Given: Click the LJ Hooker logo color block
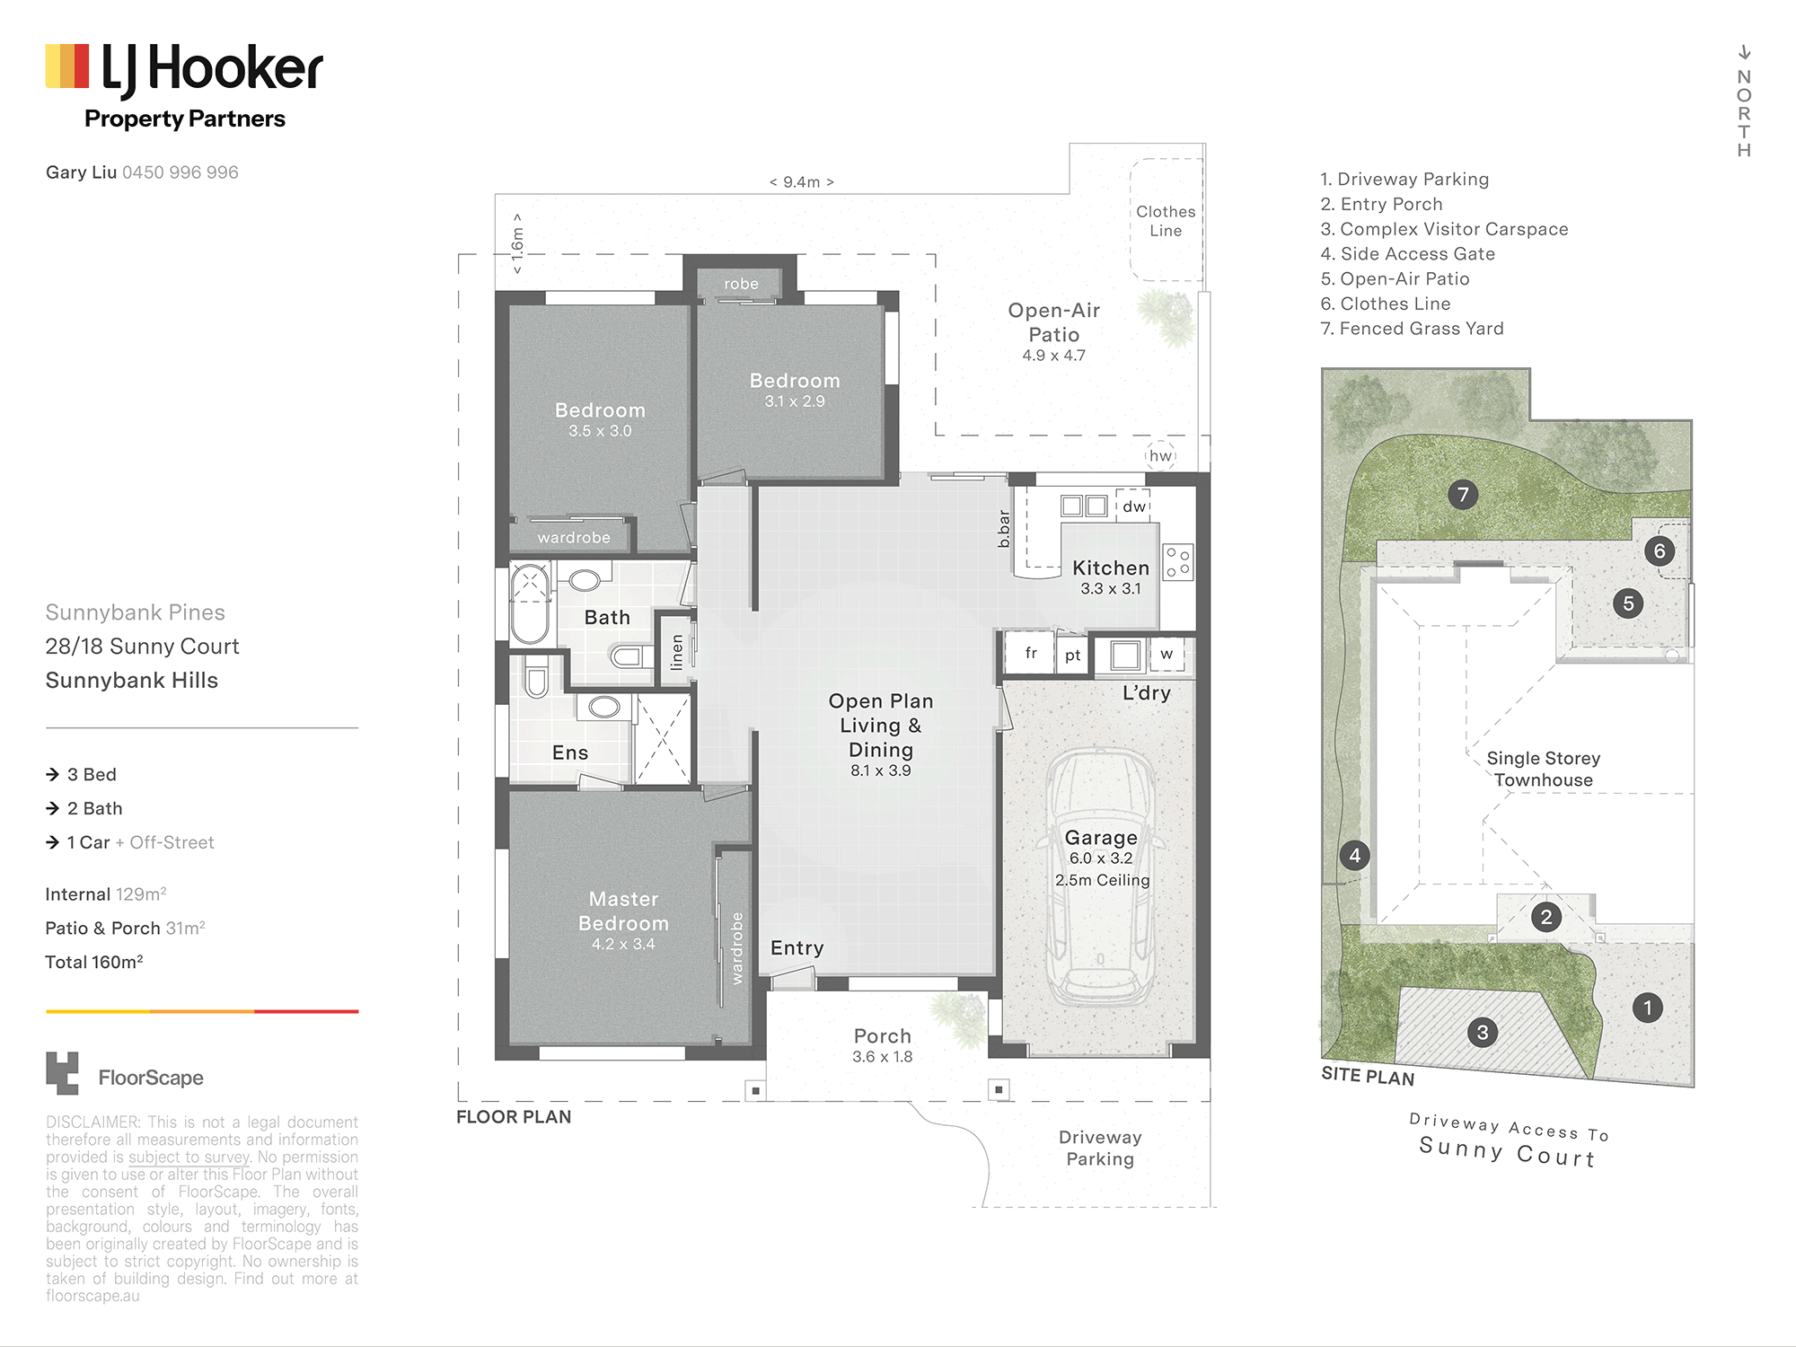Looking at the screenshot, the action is point(67,66).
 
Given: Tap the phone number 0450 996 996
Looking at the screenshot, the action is point(180,172).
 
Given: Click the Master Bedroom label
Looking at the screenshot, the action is point(623,911).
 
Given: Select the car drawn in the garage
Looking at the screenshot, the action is point(1101,876).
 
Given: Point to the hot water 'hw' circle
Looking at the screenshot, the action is point(1161,455).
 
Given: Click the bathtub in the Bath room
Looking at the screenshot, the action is point(530,603).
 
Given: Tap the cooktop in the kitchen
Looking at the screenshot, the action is point(1178,562).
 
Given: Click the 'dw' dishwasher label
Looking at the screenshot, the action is point(1134,506).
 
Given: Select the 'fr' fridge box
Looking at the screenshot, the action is point(1031,654).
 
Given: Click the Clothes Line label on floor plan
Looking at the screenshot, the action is point(1166,221).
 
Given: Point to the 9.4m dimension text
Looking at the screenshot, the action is point(802,182).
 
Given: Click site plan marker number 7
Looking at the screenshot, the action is point(1463,494).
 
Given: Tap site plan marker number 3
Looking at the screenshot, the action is point(1483,1033).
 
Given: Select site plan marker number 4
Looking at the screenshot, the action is point(1355,856).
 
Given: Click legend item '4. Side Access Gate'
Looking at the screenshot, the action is point(1408,254).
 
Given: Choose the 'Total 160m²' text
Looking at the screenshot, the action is point(94,962).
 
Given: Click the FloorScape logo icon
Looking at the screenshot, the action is point(62,1073).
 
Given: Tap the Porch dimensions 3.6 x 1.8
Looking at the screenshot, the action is point(883,1057).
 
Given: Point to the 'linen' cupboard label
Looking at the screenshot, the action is point(676,652).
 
